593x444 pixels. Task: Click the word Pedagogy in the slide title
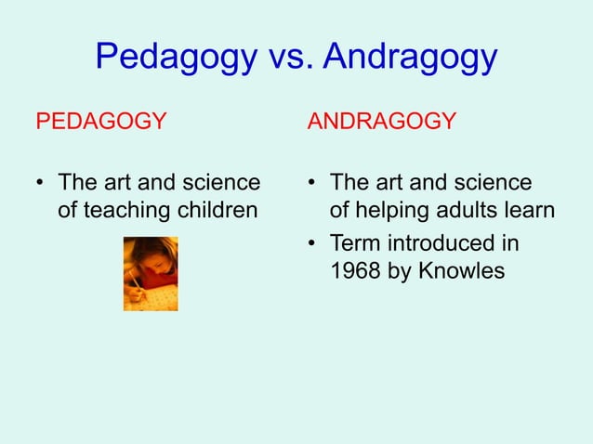(174, 59)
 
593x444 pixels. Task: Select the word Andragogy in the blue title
(411, 59)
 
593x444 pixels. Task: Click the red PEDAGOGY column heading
(100, 122)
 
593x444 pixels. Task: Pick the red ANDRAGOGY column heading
(382, 122)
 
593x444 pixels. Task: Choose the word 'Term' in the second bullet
(354, 244)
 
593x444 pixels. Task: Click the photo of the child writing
(151, 273)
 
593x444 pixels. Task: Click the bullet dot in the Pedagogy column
(42, 181)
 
